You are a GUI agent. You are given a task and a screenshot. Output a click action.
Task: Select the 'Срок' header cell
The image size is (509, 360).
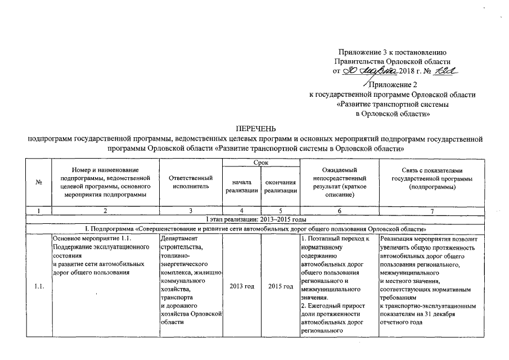(x=260, y=163)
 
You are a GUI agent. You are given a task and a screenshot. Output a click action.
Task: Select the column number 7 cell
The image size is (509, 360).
(x=432, y=210)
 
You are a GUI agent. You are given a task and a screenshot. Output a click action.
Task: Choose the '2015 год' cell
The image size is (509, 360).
(x=280, y=287)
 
